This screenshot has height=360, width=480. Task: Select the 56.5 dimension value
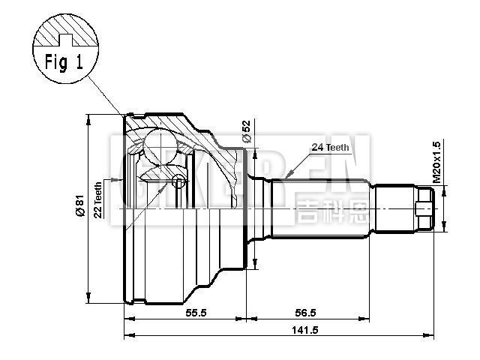pos(306,313)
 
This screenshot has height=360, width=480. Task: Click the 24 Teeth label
pos(328,147)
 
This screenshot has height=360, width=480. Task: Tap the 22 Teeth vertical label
pos(97,199)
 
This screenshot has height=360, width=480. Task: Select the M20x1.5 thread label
pos(437,162)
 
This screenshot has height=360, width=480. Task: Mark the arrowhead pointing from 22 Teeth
pos(118,180)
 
